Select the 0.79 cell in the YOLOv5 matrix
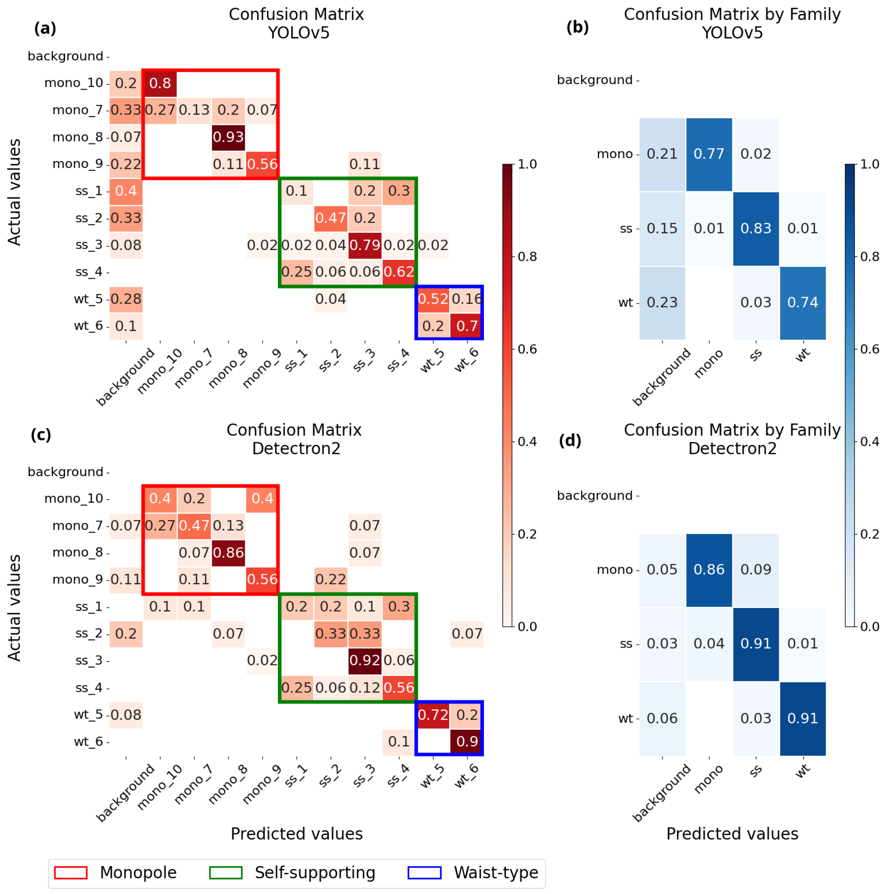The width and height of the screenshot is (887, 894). point(365,245)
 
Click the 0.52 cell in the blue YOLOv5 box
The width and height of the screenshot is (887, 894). point(433,299)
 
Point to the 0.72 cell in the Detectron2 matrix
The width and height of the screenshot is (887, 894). point(433,715)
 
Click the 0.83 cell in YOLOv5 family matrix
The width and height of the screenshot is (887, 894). point(756,228)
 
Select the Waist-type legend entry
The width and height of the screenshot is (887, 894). point(495,872)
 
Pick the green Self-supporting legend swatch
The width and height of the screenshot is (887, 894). point(226,872)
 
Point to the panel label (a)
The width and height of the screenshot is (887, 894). point(45,29)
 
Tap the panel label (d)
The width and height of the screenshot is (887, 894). point(570,440)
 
